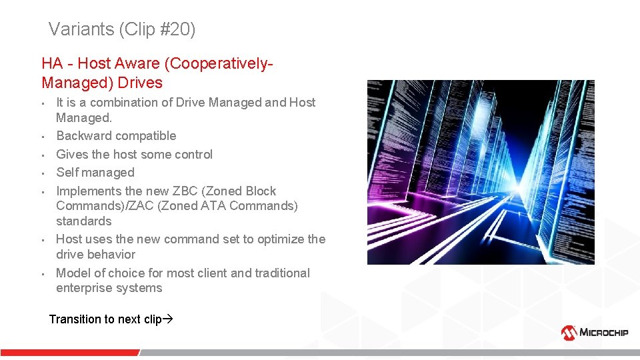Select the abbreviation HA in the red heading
[x=52, y=64]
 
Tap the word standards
[x=83, y=221]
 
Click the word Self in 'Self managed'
[x=67, y=173]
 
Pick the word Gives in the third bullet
[x=72, y=155]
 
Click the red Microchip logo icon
[x=569, y=332]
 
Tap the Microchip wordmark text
[x=604, y=333]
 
